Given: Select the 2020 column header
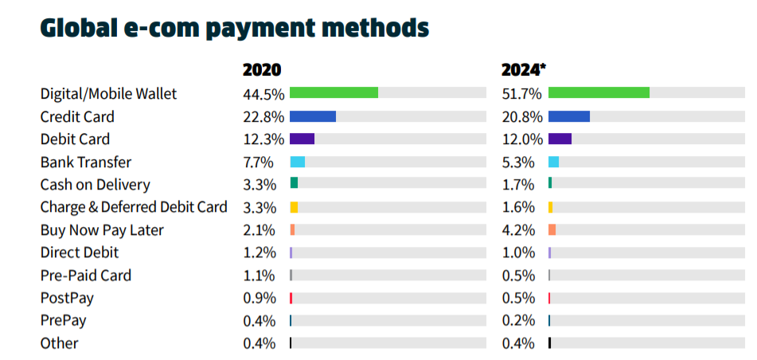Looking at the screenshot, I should (262, 69).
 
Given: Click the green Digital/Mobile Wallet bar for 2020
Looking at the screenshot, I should (334, 93).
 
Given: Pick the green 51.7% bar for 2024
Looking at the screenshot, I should (599, 93).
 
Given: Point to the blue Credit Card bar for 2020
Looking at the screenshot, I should (313, 116).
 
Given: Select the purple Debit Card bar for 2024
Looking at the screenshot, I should (560, 139).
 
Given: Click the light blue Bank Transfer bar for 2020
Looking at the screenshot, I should (298, 162).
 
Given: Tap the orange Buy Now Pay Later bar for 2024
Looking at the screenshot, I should (552, 230).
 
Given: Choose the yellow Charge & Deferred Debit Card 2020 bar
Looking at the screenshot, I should (294, 207).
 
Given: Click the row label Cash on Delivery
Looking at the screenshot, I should (95, 185).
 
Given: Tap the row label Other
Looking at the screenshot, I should (60, 343).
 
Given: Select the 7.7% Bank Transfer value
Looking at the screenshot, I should (259, 162).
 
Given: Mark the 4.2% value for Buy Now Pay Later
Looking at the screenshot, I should (519, 230).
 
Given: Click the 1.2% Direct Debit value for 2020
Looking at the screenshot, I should (259, 252).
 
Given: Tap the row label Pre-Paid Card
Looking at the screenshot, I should (86, 276).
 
